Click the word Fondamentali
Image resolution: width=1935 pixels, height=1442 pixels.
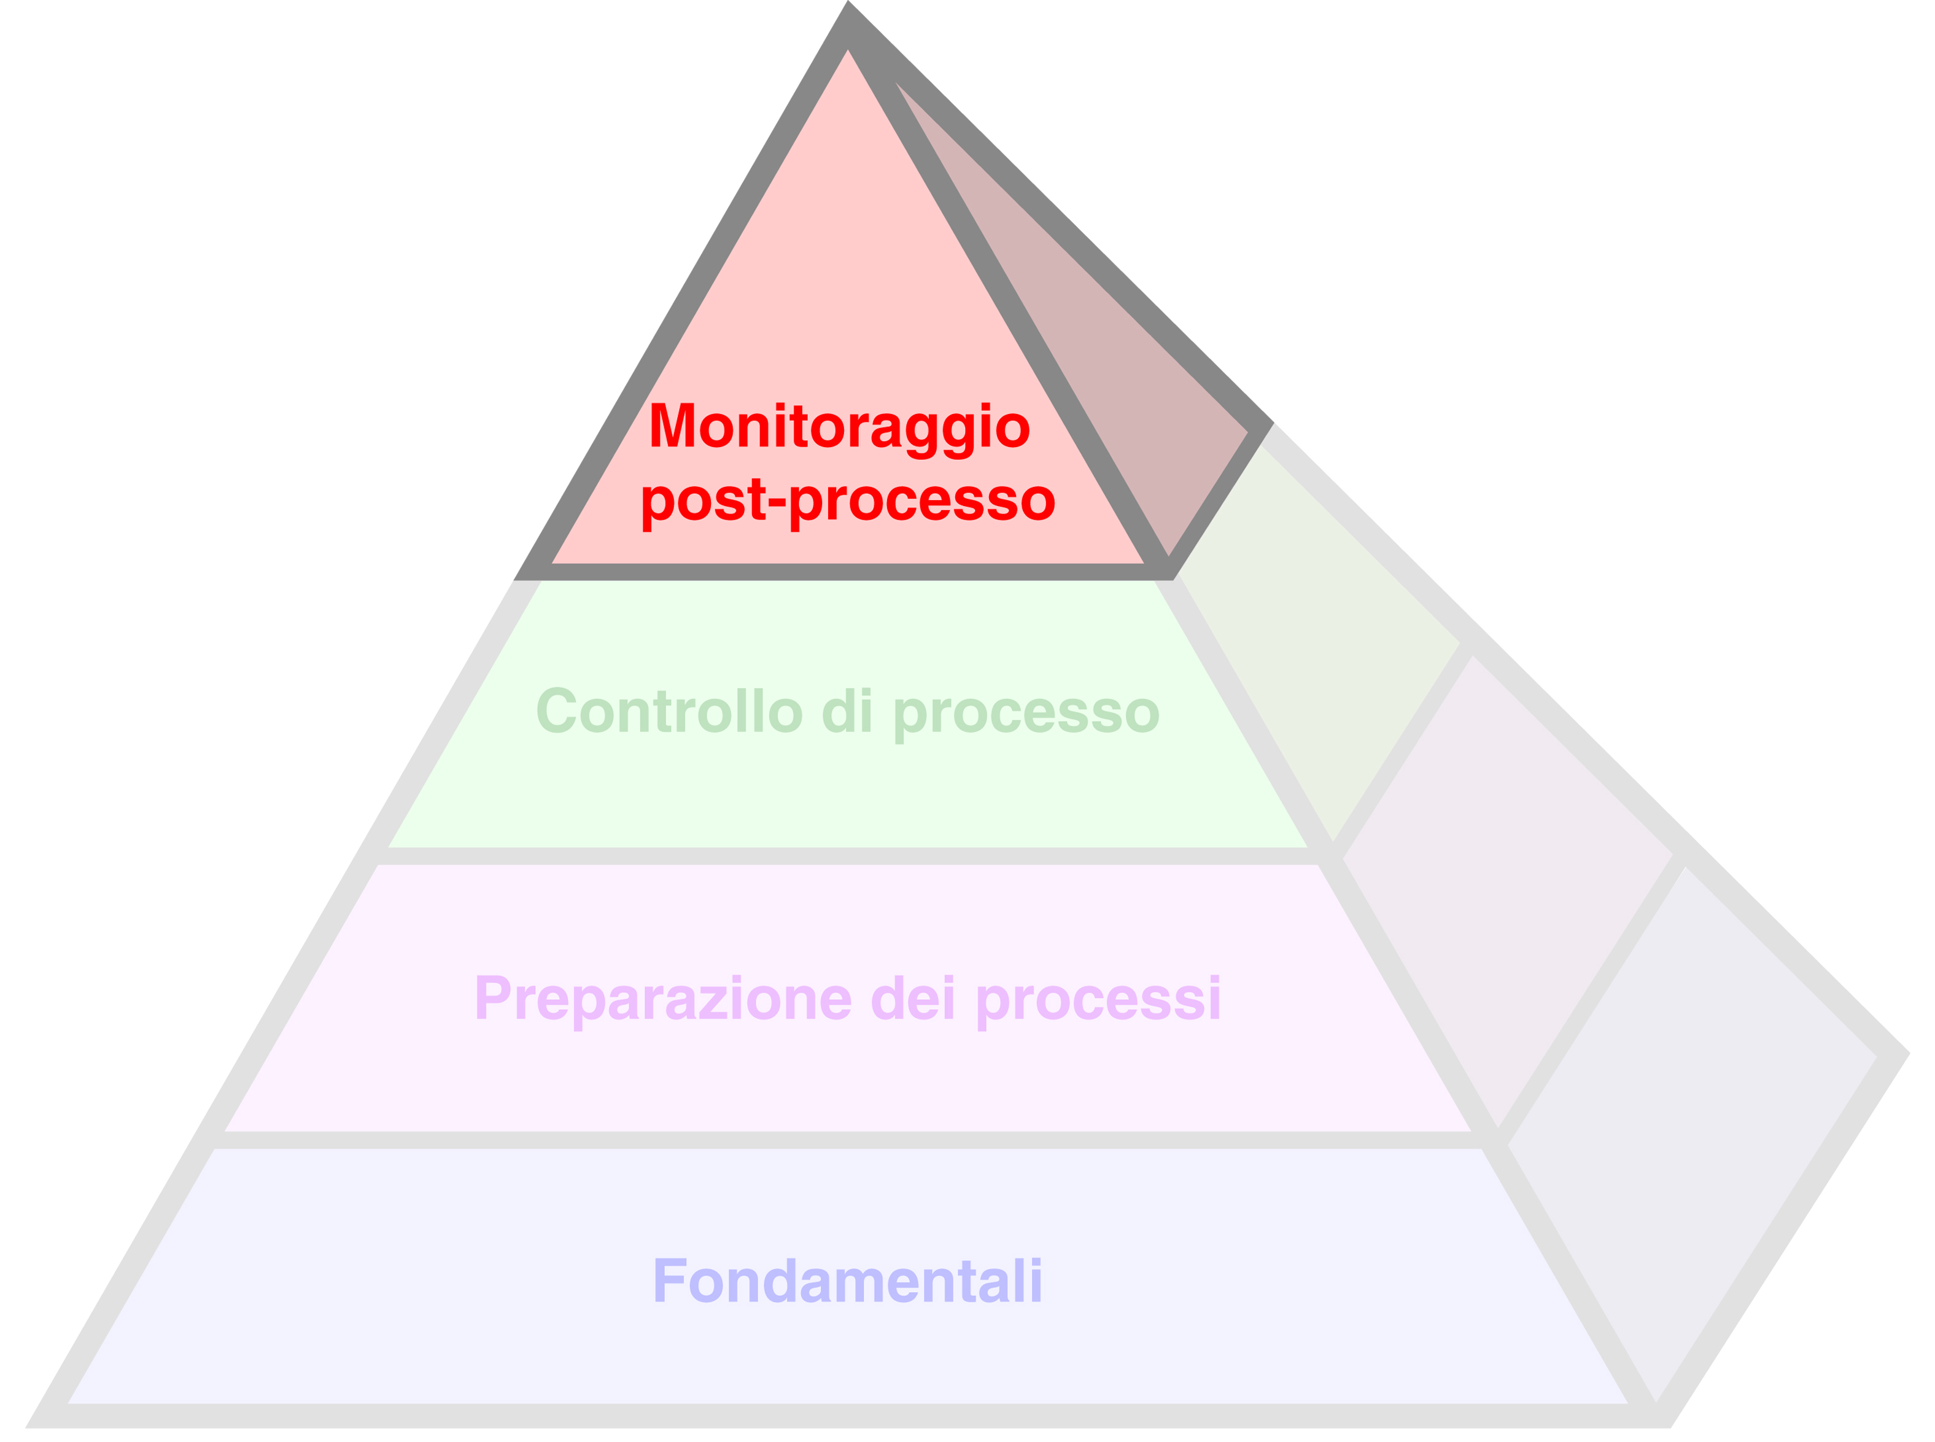pos(848,1280)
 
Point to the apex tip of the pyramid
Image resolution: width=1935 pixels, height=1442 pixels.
pos(848,2)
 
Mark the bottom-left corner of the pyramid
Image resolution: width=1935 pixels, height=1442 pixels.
pos(26,1427)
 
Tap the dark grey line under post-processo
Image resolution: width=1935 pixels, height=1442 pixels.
pos(845,572)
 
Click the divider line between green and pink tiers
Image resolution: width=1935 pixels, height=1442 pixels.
pos(846,856)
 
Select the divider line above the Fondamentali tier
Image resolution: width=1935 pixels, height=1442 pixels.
pos(846,1140)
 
